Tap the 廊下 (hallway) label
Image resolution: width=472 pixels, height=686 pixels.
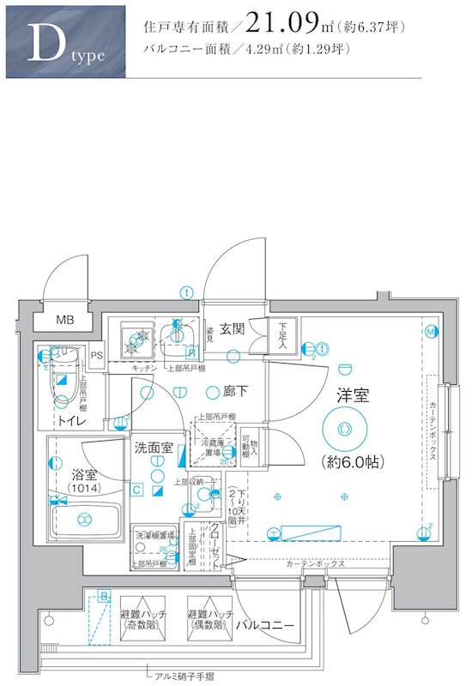tap(236, 392)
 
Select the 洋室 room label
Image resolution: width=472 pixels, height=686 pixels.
tap(352, 395)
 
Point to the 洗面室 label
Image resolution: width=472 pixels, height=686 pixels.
tap(154, 448)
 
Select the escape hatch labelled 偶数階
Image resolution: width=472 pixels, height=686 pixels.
tap(209, 620)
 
